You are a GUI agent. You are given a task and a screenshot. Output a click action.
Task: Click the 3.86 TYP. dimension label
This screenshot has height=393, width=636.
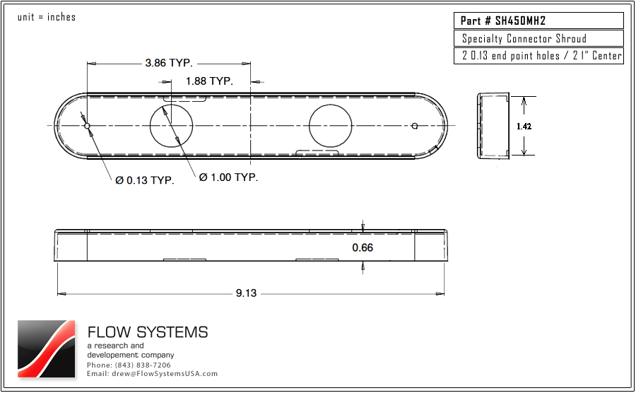click(x=168, y=63)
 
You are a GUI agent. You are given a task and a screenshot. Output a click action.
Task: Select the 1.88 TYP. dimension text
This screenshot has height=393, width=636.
click(x=209, y=81)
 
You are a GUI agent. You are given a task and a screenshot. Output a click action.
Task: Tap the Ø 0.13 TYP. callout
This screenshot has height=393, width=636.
click(x=145, y=180)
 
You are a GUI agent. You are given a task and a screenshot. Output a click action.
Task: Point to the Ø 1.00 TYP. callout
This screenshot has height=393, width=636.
click(x=228, y=177)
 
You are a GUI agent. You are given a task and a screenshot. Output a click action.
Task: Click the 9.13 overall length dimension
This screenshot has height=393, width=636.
click(x=246, y=293)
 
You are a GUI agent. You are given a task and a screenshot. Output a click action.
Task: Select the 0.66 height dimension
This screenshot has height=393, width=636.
click(x=363, y=247)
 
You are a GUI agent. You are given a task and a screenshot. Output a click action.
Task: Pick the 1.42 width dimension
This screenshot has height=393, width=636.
click(x=524, y=126)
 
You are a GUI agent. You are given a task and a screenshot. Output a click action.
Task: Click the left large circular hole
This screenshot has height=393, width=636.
click(x=171, y=126)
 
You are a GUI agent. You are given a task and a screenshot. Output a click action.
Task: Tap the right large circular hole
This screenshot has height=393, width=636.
click(x=330, y=126)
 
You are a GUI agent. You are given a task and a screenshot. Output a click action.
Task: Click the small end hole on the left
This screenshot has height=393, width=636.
click(x=87, y=126)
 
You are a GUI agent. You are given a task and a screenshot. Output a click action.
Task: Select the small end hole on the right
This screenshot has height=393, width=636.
click(x=415, y=126)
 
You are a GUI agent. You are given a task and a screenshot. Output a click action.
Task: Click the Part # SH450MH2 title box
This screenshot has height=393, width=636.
click(x=538, y=21)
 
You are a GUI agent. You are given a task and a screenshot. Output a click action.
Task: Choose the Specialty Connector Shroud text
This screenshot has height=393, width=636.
click(x=524, y=39)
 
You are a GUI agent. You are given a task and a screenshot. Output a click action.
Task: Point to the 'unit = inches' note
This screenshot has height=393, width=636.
click(x=47, y=17)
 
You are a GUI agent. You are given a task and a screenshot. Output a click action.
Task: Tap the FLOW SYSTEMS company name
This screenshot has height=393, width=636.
click(x=148, y=332)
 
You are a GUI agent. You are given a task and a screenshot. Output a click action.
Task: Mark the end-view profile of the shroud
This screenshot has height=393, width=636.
click(x=494, y=126)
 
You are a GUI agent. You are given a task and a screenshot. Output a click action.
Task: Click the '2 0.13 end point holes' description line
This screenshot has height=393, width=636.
click(x=538, y=56)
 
